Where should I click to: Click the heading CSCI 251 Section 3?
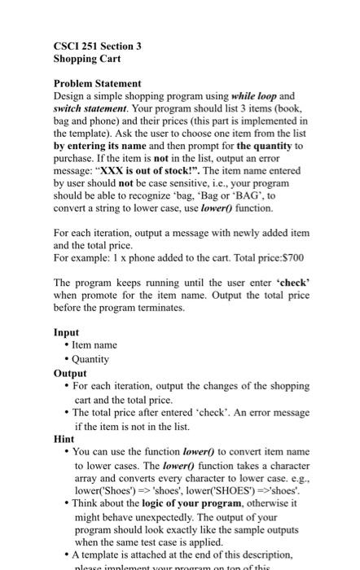pyautogui.click(x=97, y=46)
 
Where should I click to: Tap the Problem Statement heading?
pyautogui.click(x=97, y=83)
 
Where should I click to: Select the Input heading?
pyautogui.click(x=67, y=332)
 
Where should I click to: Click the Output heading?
pyautogui.click(x=70, y=372)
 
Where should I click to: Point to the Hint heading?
pyautogui.click(x=64, y=437)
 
